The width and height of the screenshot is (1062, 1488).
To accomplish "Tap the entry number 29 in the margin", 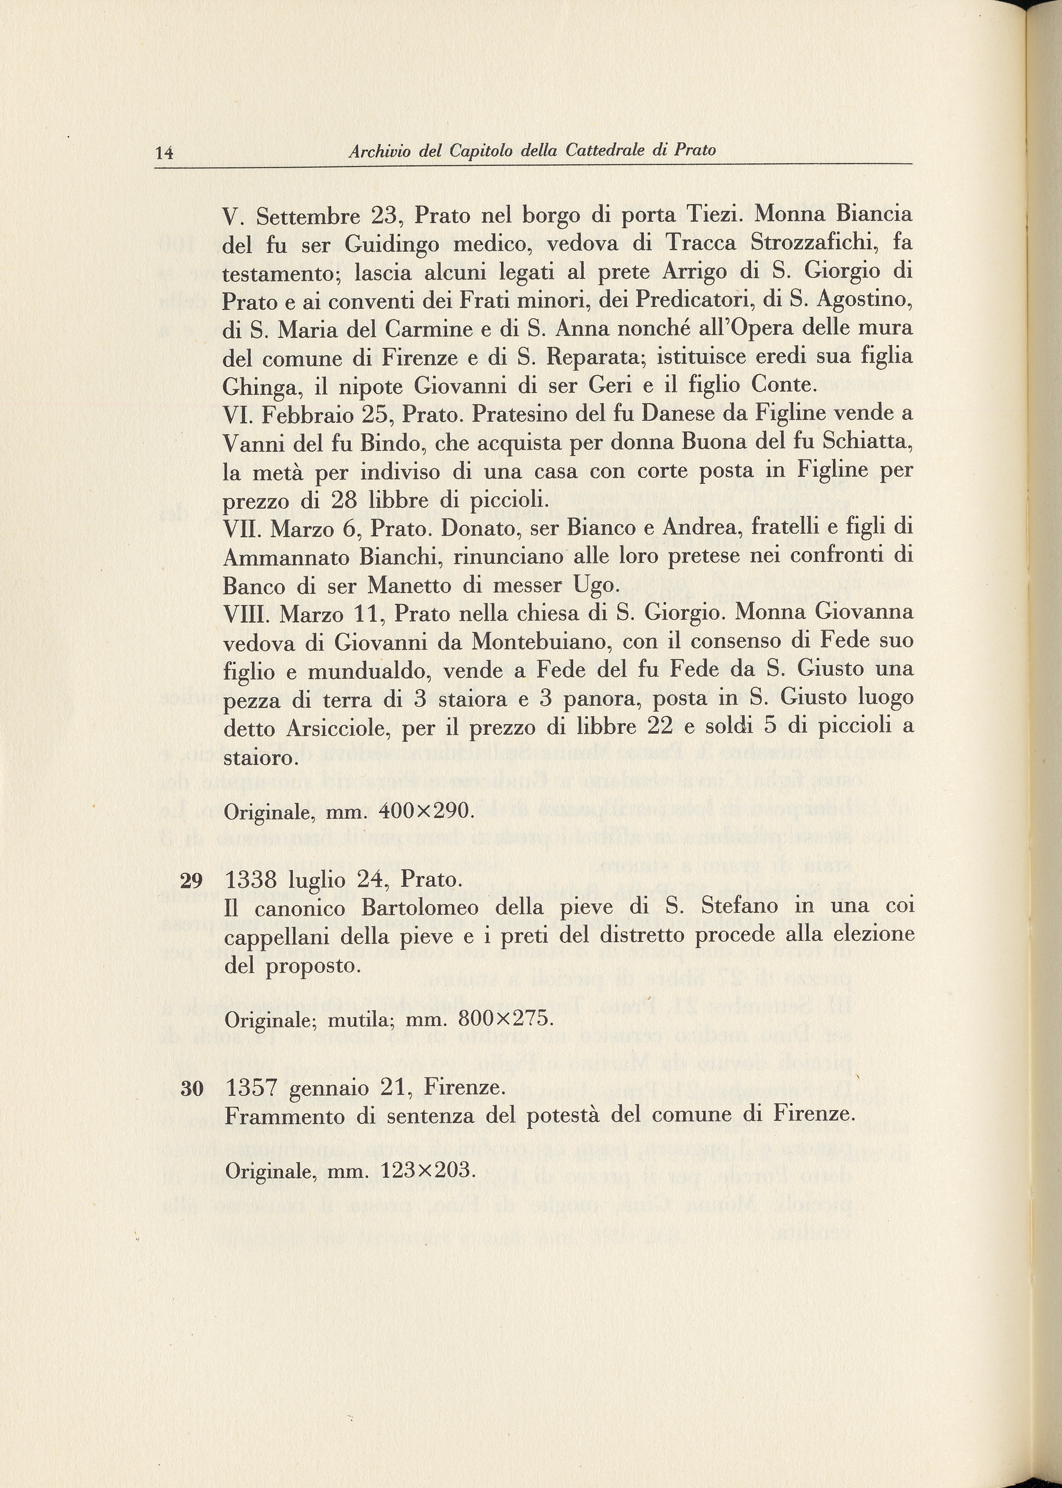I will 192,881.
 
